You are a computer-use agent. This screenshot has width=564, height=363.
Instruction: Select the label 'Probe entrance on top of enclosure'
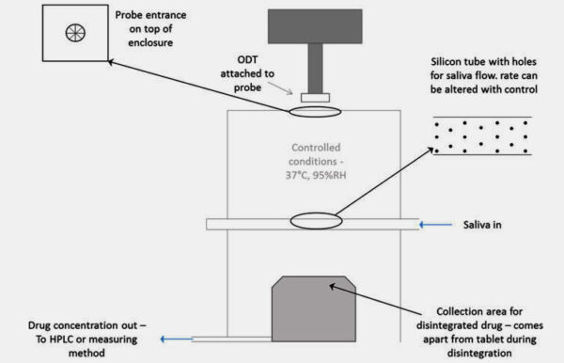[153, 30]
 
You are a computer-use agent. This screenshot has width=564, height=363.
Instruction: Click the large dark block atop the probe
[315, 32]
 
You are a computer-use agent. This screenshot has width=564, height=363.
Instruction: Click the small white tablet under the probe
[315, 97]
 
